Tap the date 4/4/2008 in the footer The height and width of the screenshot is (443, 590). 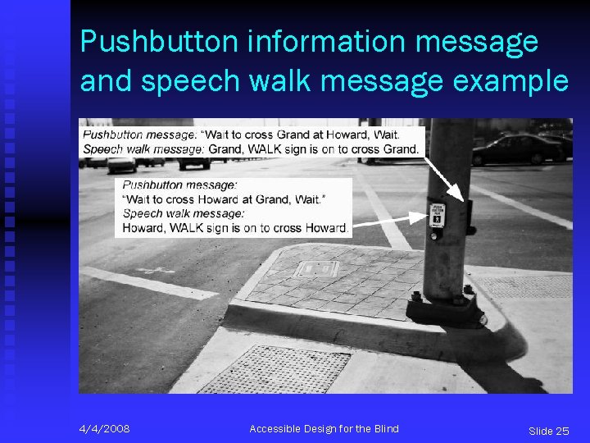click(x=104, y=429)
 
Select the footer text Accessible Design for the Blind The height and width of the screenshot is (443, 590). click(x=324, y=429)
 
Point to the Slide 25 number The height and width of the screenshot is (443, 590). click(x=548, y=431)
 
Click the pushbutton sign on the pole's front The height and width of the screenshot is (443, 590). click(x=438, y=216)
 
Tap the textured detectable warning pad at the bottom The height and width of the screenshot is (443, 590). click(x=275, y=369)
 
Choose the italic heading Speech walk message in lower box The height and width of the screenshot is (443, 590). click(x=184, y=213)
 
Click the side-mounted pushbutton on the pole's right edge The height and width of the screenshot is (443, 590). click(x=469, y=215)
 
